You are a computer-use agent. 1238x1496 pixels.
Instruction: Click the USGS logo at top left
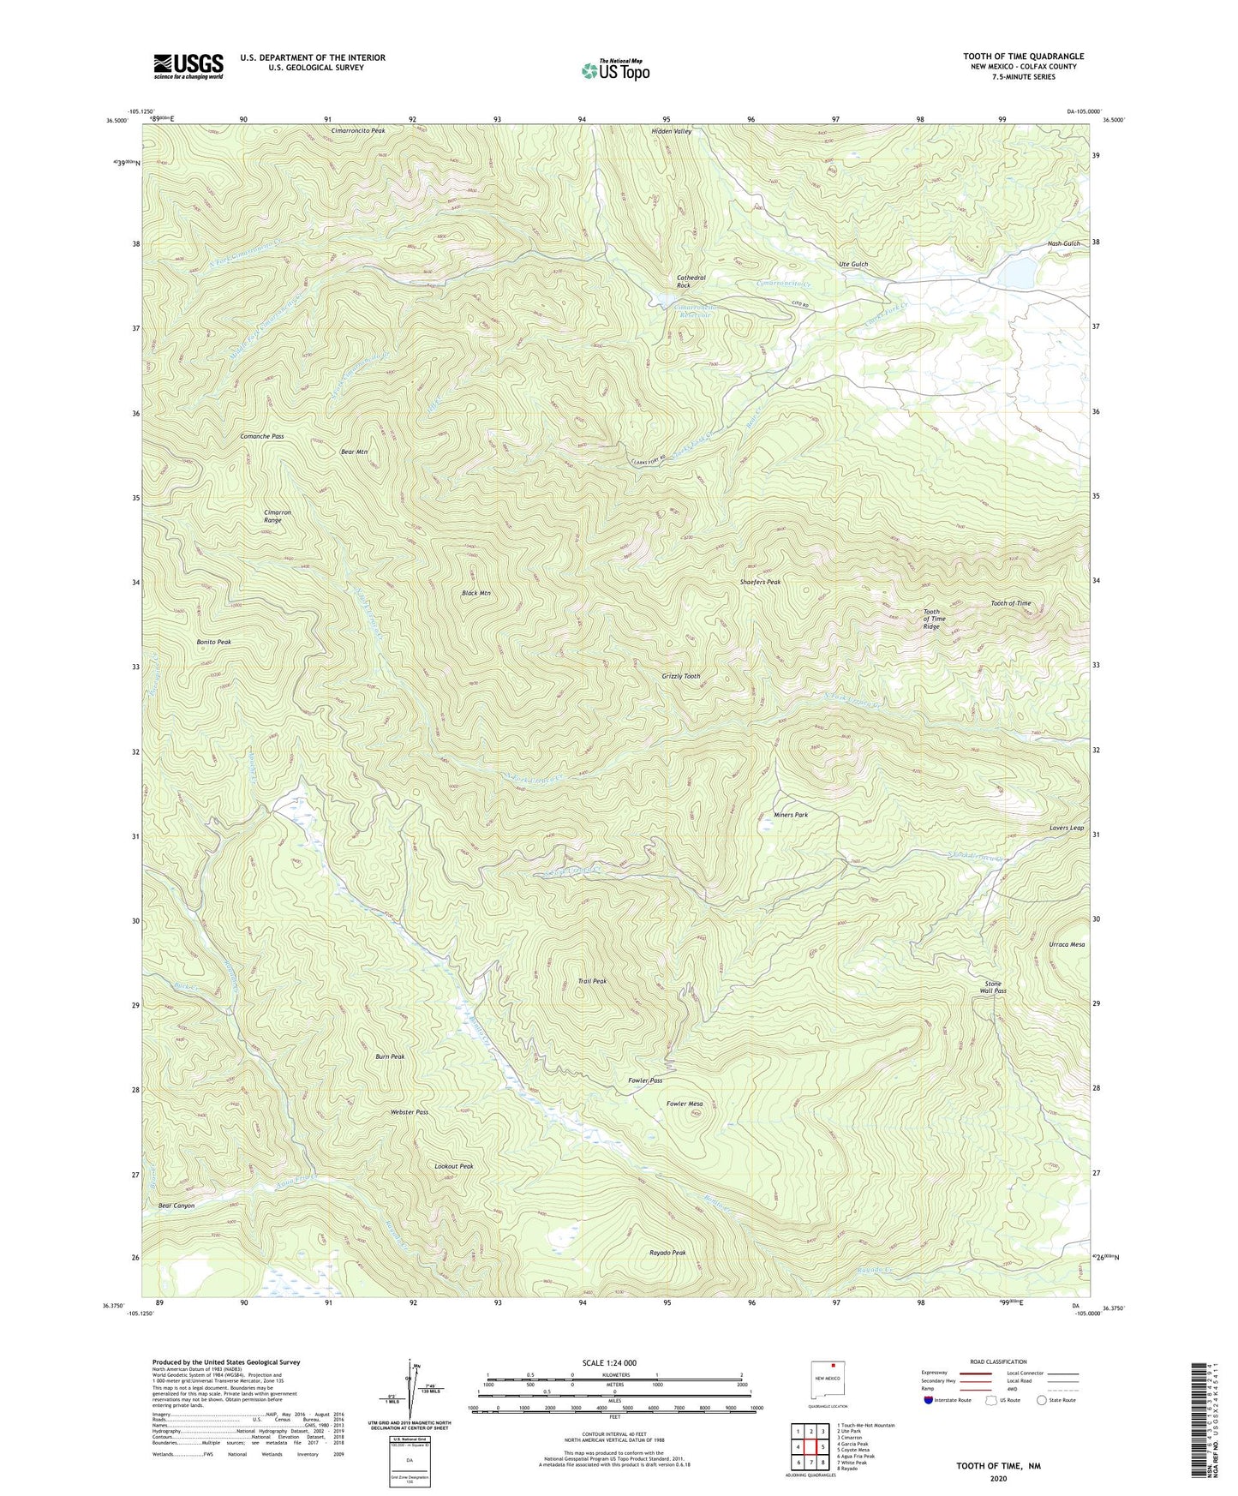[x=188, y=66]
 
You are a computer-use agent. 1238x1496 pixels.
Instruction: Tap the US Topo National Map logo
[x=615, y=70]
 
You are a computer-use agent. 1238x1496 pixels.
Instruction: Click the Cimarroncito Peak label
[x=358, y=131]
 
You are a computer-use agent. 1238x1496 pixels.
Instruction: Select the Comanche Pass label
[x=261, y=436]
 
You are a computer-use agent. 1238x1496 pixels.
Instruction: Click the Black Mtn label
[x=476, y=593]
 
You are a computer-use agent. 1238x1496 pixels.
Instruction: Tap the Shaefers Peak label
[x=760, y=582]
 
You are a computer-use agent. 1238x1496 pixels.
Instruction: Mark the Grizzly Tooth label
[x=680, y=676]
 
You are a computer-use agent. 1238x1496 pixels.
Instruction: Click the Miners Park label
[x=784, y=815]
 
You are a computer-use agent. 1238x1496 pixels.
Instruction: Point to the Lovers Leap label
[x=1066, y=828]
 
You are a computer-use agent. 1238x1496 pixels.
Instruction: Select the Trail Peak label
[x=592, y=981]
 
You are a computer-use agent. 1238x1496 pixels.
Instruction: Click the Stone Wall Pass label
[x=993, y=987]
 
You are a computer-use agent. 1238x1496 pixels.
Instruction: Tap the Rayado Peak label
[x=667, y=1253]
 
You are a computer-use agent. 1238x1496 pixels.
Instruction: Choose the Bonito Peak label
[x=213, y=642]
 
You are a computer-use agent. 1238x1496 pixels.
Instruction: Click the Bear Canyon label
[x=176, y=1206]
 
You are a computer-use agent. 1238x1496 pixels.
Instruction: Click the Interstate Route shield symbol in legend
[x=930, y=1401]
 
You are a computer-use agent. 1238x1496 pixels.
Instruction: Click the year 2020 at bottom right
[x=998, y=1478]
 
